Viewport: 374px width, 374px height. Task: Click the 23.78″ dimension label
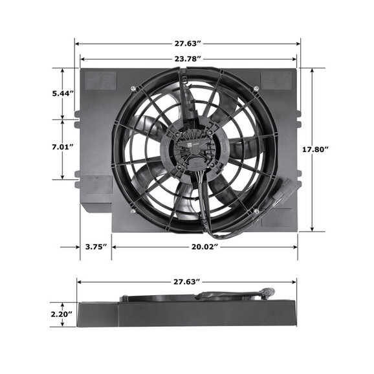click(188, 59)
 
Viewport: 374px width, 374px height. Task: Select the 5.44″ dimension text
click(63, 93)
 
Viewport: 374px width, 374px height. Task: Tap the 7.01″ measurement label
click(63, 147)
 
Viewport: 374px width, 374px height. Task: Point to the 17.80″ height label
click(315, 149)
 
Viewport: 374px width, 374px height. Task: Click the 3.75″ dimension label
click(96, 247)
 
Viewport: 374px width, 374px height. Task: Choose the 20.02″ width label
click(205, 247)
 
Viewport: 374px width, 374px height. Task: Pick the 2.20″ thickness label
click(61, 314)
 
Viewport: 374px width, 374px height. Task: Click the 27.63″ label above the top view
click(188, 43)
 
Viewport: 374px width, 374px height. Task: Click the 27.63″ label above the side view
click(186, 281)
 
